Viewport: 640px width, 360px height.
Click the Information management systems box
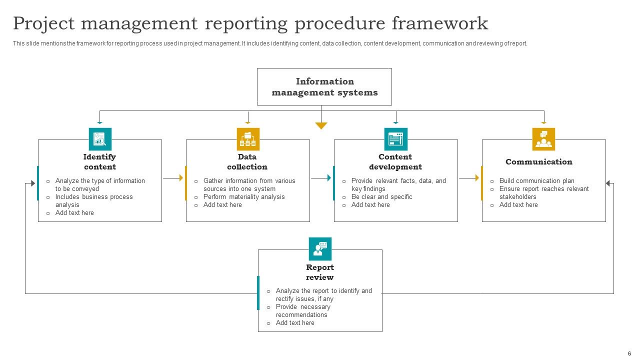pyautogui.click(x=324, y=86)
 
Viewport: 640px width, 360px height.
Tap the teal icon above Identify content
pyautogui.click(x=100, y=139)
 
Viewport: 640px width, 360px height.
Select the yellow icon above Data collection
pyautogui.click(x=248, y=139)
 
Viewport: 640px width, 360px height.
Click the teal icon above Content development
pyautogui.click(x=395, y=139)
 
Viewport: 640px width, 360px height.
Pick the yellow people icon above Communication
pyautogui.click(x=543, y=139)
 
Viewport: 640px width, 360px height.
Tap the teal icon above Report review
pyautogui.click(x=320, y=249)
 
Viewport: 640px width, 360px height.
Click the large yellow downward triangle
pyautogui.click(x=321, y=125)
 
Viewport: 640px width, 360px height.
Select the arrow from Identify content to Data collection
pyautogui.click(x=173, y=177)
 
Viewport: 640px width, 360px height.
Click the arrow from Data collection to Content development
pyautogui.click(x=321, y=177)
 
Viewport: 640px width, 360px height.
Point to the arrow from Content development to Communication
pyautogui.click(x=469, y=177)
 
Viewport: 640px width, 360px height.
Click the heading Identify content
pyautogui.click(x=99, y=162)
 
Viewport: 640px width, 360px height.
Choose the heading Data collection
pyautogui.click(x=247, y=162)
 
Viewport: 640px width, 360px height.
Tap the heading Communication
pyautogui.click(x=538, y=162)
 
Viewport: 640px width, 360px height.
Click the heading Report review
pyautogui.click(x=320, y=272)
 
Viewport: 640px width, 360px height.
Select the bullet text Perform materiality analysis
pyautogui.click(x=244, y=197)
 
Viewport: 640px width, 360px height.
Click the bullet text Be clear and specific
pyautogui.click(x=381, y=197)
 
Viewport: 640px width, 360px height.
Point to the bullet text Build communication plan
pyautogui.click(x=536, y=181)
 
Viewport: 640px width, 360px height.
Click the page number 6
pyautogui.click(x=629, y=353)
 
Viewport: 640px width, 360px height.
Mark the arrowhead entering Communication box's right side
pyautogui.click(x=608, y=183)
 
